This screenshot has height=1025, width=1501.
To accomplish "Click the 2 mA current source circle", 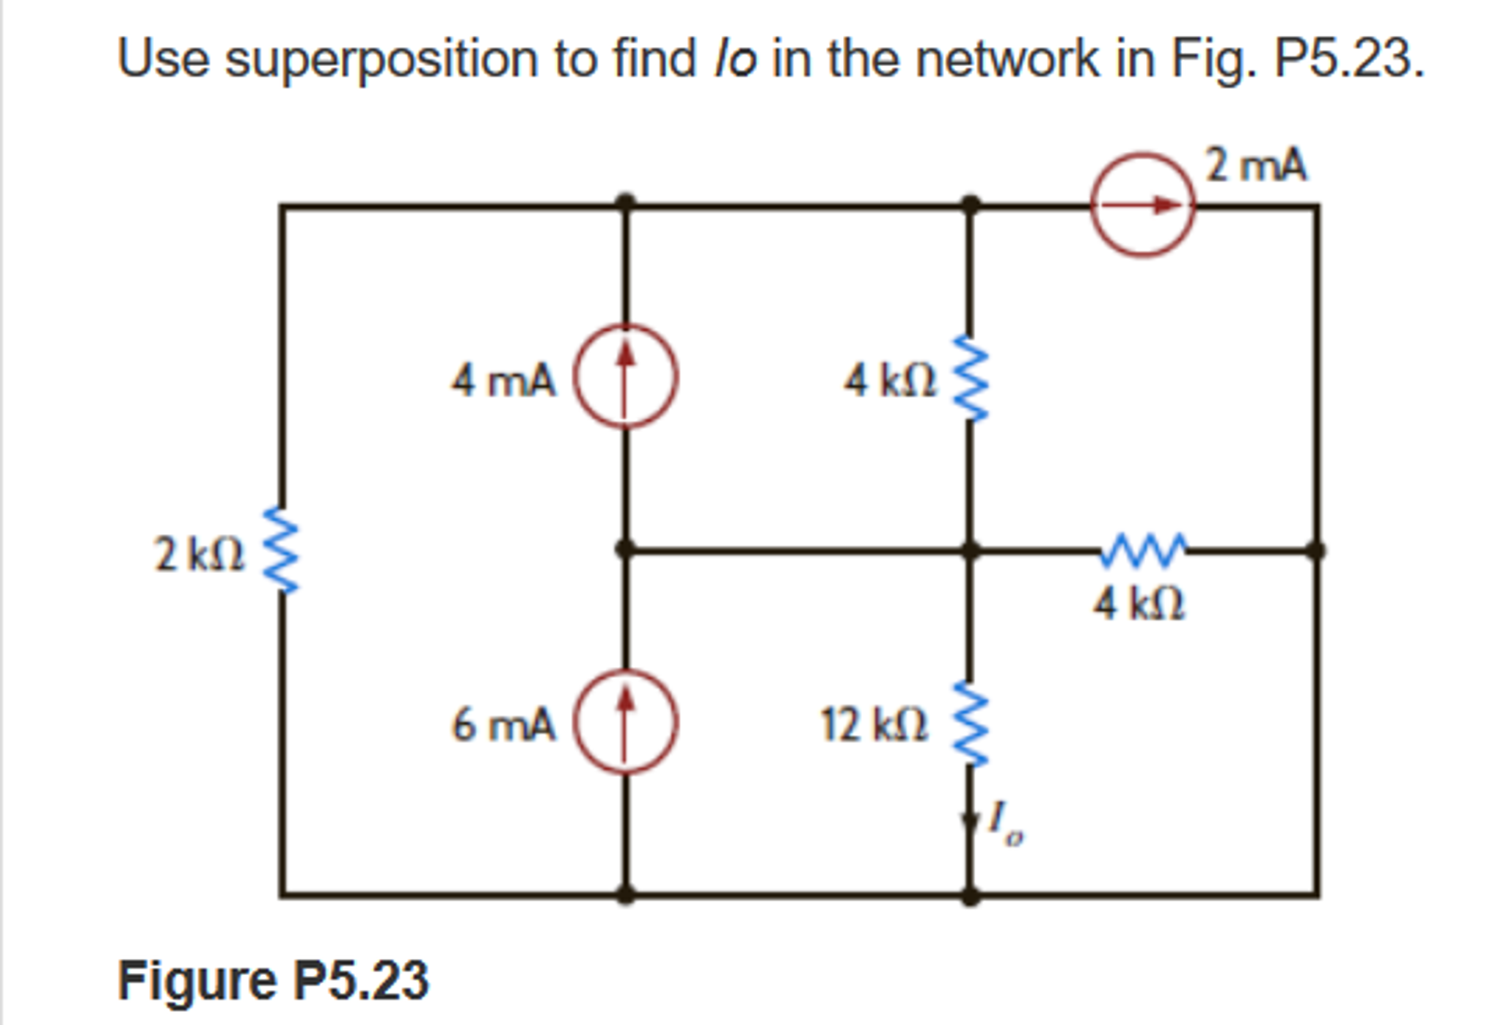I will pyautogui.click(x=1142, y=205).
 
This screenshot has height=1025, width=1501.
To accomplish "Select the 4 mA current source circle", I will pyautogui.click(x=624, y=376).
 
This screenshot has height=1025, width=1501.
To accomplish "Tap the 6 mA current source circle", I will pyautogui.click(x=624, y=721).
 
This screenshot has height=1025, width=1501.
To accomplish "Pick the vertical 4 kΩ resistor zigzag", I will pyautogui.click(x=970, y=379).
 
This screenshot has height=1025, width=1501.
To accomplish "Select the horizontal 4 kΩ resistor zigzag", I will pyautogui.click(x=1143, y=550).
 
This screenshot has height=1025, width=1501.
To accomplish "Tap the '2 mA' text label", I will pyautogui.click(x=1256, y=165).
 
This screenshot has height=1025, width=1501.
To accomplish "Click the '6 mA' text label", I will pyautogui.click(x=503, y=724).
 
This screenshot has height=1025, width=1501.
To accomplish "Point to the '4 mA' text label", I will pyautogui.click(x=503, y=381).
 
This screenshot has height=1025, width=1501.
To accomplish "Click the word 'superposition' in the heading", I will pyautogui.click(x=381, y=59).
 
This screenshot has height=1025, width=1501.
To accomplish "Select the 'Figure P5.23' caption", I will pyautogui.click(x=273, y=980).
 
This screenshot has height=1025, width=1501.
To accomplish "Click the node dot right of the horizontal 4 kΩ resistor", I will pyautogui.click(x=1316, y=550).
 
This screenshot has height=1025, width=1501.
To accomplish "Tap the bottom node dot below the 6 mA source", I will pyautogui.click(x=624, y=894).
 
